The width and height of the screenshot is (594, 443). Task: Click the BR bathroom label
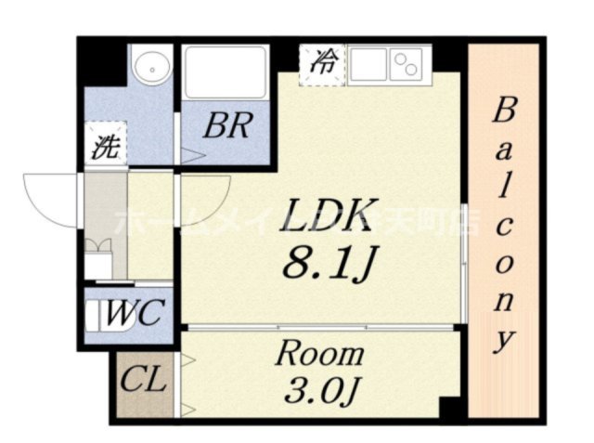226,126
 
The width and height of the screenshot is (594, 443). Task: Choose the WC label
134,309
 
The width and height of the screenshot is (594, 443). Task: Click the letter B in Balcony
502,112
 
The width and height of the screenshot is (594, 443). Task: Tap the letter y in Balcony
502,340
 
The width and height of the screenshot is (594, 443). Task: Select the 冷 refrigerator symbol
322,64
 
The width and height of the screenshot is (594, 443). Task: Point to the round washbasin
149,66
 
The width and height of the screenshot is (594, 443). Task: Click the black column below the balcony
450,408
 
